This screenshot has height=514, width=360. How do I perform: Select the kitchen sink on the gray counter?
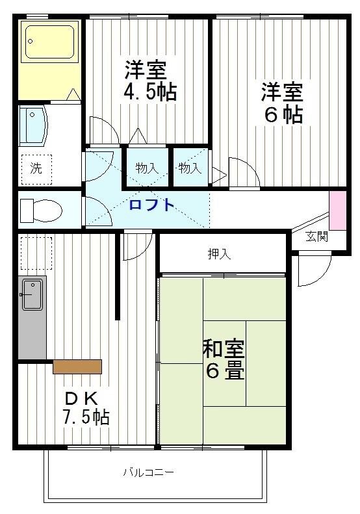pyautogui.click(x=32, y=295)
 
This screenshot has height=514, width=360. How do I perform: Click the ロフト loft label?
pyautogui.click(x=151, y=205)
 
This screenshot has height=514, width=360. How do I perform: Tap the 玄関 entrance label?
pyautogui.click(x=317, y=236)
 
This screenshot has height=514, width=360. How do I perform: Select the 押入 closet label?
pyautogui.click(x=219, y=254)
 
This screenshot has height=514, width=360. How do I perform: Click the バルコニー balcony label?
pyautogui.click(x=149, y=472)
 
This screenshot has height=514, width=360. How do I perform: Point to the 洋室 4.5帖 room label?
pyautogui.click(x=149, y=81)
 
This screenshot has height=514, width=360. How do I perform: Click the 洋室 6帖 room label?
pyautogui.click(x=282, y=102)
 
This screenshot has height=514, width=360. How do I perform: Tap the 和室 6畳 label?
pyautogui.click(x=224, y=359)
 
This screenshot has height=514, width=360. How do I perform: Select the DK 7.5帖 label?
pyautogui.click(x=85, y=407)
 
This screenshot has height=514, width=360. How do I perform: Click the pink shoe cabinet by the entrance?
pyautogui.click(x=338, y=210)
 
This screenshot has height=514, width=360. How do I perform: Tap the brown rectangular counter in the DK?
pyautogui.click(x=77, y=366)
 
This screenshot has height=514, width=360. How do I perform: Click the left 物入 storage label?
pyautogui.click(x=147, y=168)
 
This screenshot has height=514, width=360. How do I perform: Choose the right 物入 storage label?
pyautogui.click(x=190, y=168)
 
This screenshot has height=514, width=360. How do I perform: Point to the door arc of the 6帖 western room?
pyautogui.click(x=244, y=172)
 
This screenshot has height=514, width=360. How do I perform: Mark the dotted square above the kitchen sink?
pyautogui.click(x=36, y=253)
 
